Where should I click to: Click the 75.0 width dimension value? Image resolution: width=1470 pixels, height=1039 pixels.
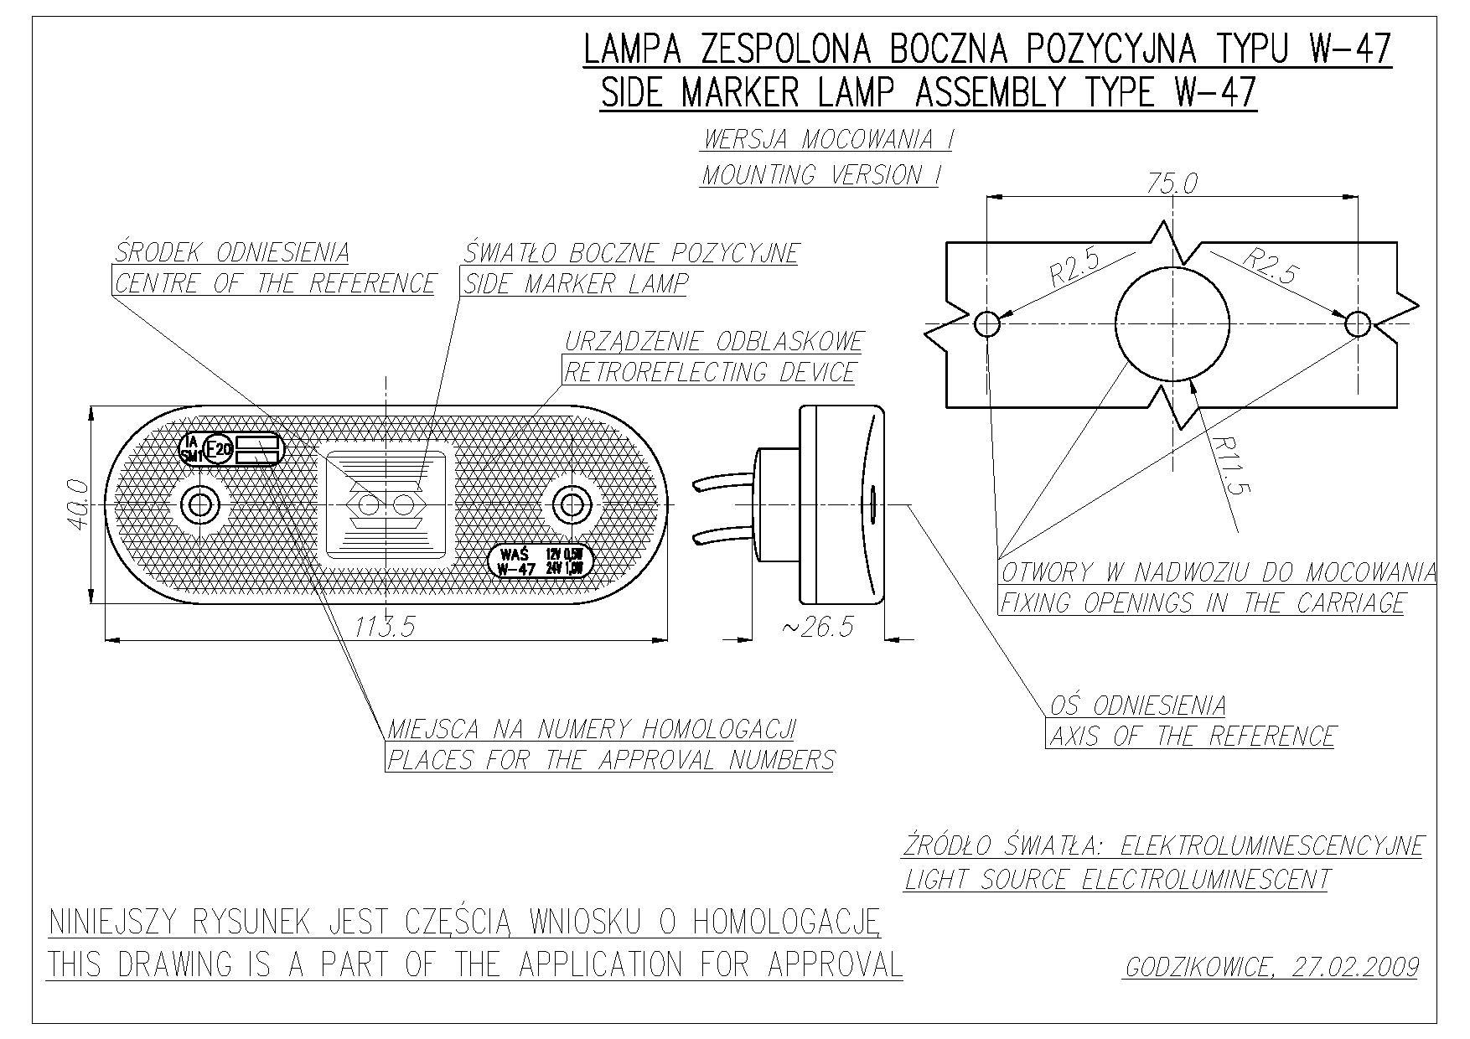tap(1172, 184)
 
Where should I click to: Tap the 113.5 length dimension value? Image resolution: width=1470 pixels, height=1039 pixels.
tap(385, 626)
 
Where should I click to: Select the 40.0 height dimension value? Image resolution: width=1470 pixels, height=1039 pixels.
tap(77, 504)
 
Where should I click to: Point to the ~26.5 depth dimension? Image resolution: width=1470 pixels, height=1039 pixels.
tap(817, 626)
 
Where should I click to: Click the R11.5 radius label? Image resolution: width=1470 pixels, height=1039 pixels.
tap(1229, 466)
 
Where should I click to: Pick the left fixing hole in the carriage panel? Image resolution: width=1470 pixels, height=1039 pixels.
tap(988, 323)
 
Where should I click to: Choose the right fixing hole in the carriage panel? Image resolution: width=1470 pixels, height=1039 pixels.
tap(1358, 323)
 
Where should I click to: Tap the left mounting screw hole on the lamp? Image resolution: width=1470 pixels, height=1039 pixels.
tap(200, 504)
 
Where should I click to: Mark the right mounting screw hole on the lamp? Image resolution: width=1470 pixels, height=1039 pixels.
tap(572, 504)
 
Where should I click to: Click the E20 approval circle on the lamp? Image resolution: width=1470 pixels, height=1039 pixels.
tap(218, 450)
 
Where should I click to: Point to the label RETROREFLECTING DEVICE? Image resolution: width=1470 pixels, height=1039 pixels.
tap(709, 372)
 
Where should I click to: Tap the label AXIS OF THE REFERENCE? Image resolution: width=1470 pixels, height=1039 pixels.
tap(1191, 737)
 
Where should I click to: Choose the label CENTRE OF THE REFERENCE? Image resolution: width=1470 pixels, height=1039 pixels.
tap(275, 283)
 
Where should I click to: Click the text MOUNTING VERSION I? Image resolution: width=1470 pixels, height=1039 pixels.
tap(820, 175)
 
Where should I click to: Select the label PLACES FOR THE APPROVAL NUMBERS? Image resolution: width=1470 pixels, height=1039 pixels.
tap(610, 760)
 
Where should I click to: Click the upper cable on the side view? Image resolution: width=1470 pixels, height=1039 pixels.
tap(723, 482)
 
